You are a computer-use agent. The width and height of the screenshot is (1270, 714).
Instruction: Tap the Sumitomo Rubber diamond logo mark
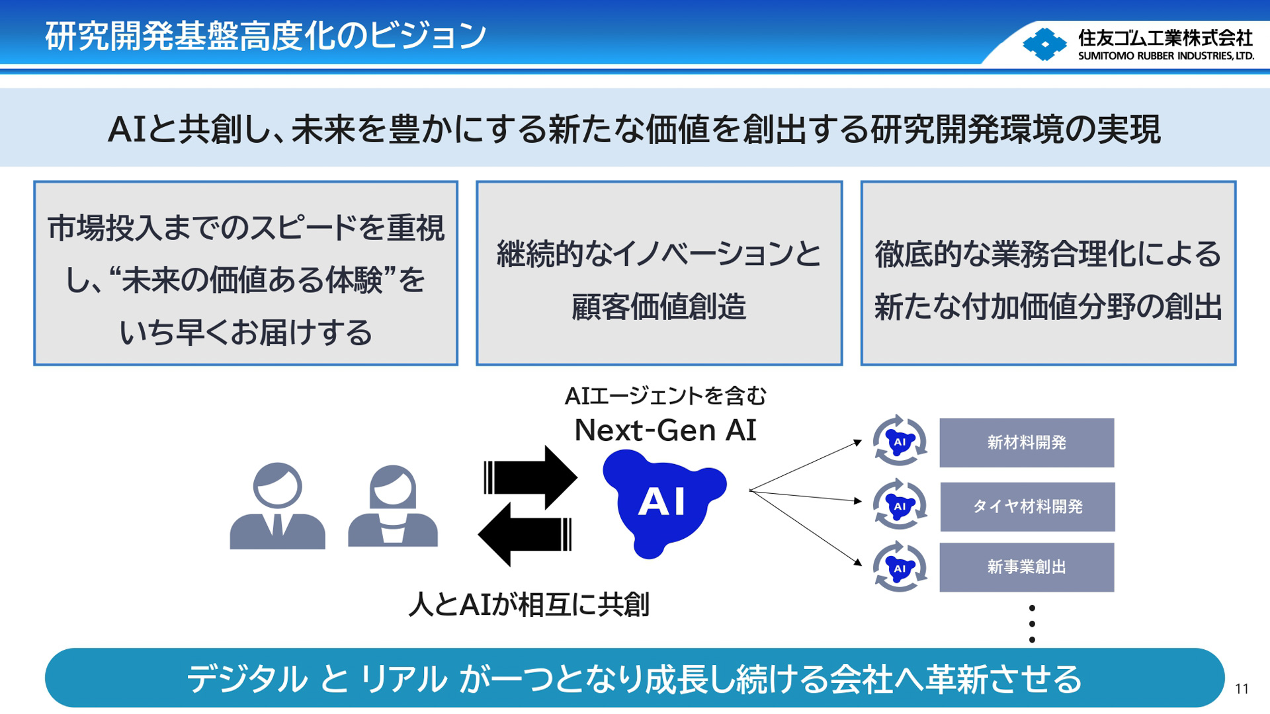[1044, 44]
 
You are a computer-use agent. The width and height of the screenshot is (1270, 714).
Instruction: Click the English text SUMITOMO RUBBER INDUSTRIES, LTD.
[1165, 56]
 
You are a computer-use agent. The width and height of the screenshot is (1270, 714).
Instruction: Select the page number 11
[1242, 689]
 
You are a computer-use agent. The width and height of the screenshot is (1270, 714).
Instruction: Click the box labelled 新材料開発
[1027, 442]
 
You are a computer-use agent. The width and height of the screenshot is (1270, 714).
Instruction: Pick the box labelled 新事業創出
[1027, 567]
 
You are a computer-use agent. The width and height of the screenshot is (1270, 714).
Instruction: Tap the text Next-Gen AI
[665, 430]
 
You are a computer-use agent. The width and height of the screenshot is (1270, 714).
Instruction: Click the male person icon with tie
[277, 506]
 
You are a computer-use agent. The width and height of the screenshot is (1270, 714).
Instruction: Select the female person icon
[393, 506]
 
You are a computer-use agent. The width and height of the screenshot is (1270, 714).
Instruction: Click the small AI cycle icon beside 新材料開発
[900, 441]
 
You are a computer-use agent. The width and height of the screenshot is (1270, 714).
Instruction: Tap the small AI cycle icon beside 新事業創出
[900, 567]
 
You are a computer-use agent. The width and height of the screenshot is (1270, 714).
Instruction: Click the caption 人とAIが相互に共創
[529, 604]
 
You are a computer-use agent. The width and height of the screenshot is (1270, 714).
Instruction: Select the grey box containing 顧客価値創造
[659, 273]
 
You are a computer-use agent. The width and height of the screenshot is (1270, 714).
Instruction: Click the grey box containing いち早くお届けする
[245, 273]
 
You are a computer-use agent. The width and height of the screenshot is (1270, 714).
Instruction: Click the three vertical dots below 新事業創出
[1032, 623]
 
